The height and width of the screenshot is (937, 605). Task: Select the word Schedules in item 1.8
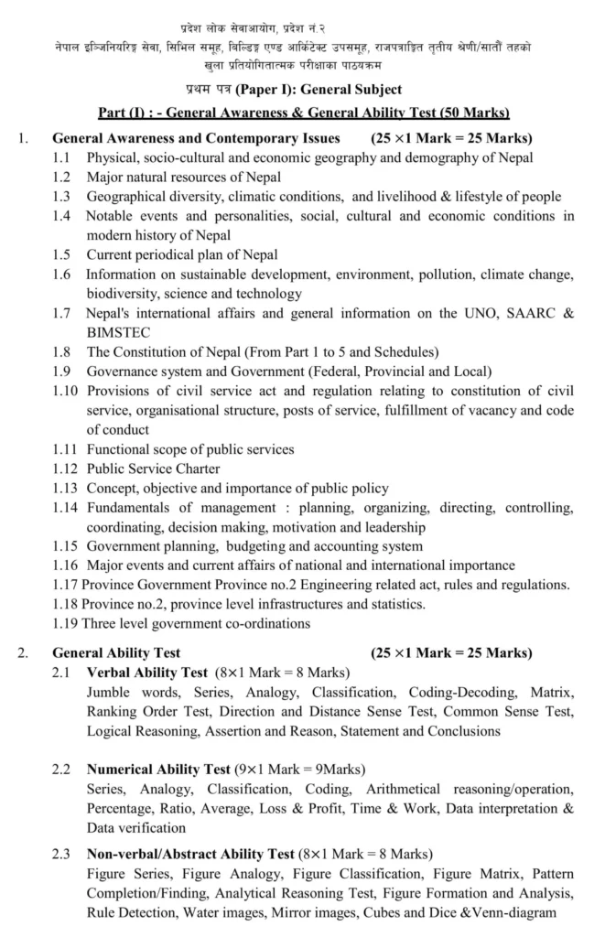pos(406,352)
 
